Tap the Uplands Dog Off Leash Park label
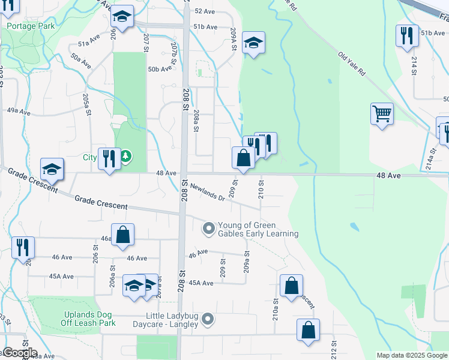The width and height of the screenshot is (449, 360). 88,319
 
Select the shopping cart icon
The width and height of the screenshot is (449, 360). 382,113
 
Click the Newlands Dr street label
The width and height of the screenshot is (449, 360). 207,192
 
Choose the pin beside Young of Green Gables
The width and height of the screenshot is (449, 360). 208,228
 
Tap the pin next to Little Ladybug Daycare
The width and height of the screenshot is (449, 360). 208,319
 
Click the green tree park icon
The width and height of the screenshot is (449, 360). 125,158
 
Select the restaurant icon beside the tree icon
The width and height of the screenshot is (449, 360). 109,159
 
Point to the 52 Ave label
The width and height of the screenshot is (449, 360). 204,11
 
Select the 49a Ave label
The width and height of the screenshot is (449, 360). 18,112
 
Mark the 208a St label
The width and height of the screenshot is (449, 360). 196,120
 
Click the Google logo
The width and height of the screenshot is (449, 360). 20,353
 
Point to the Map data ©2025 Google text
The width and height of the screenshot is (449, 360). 412,355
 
